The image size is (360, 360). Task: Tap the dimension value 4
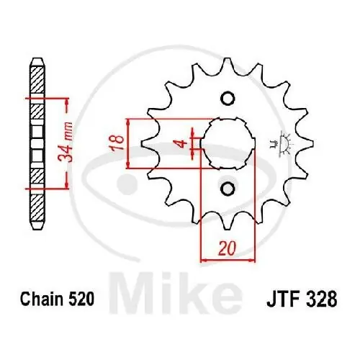[184, 143]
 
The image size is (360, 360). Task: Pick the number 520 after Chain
[78, 297]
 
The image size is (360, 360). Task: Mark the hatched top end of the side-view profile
[35, 79]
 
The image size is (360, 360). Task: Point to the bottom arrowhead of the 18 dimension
[128, 165]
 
